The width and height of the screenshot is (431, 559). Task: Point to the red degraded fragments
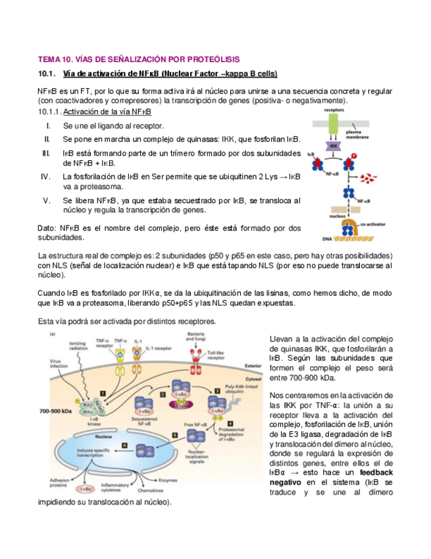(x=374, y=176)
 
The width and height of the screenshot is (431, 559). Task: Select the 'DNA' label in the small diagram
(x=326, y=239)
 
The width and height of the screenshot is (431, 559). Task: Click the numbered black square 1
(x=103, y=392)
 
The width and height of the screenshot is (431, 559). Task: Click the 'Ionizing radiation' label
(x=78, y=347)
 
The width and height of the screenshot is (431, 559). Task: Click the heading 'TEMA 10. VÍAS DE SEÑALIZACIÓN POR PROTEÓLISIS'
(x=139, y=59)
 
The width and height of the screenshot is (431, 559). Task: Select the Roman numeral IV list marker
(x=46, y=177)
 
